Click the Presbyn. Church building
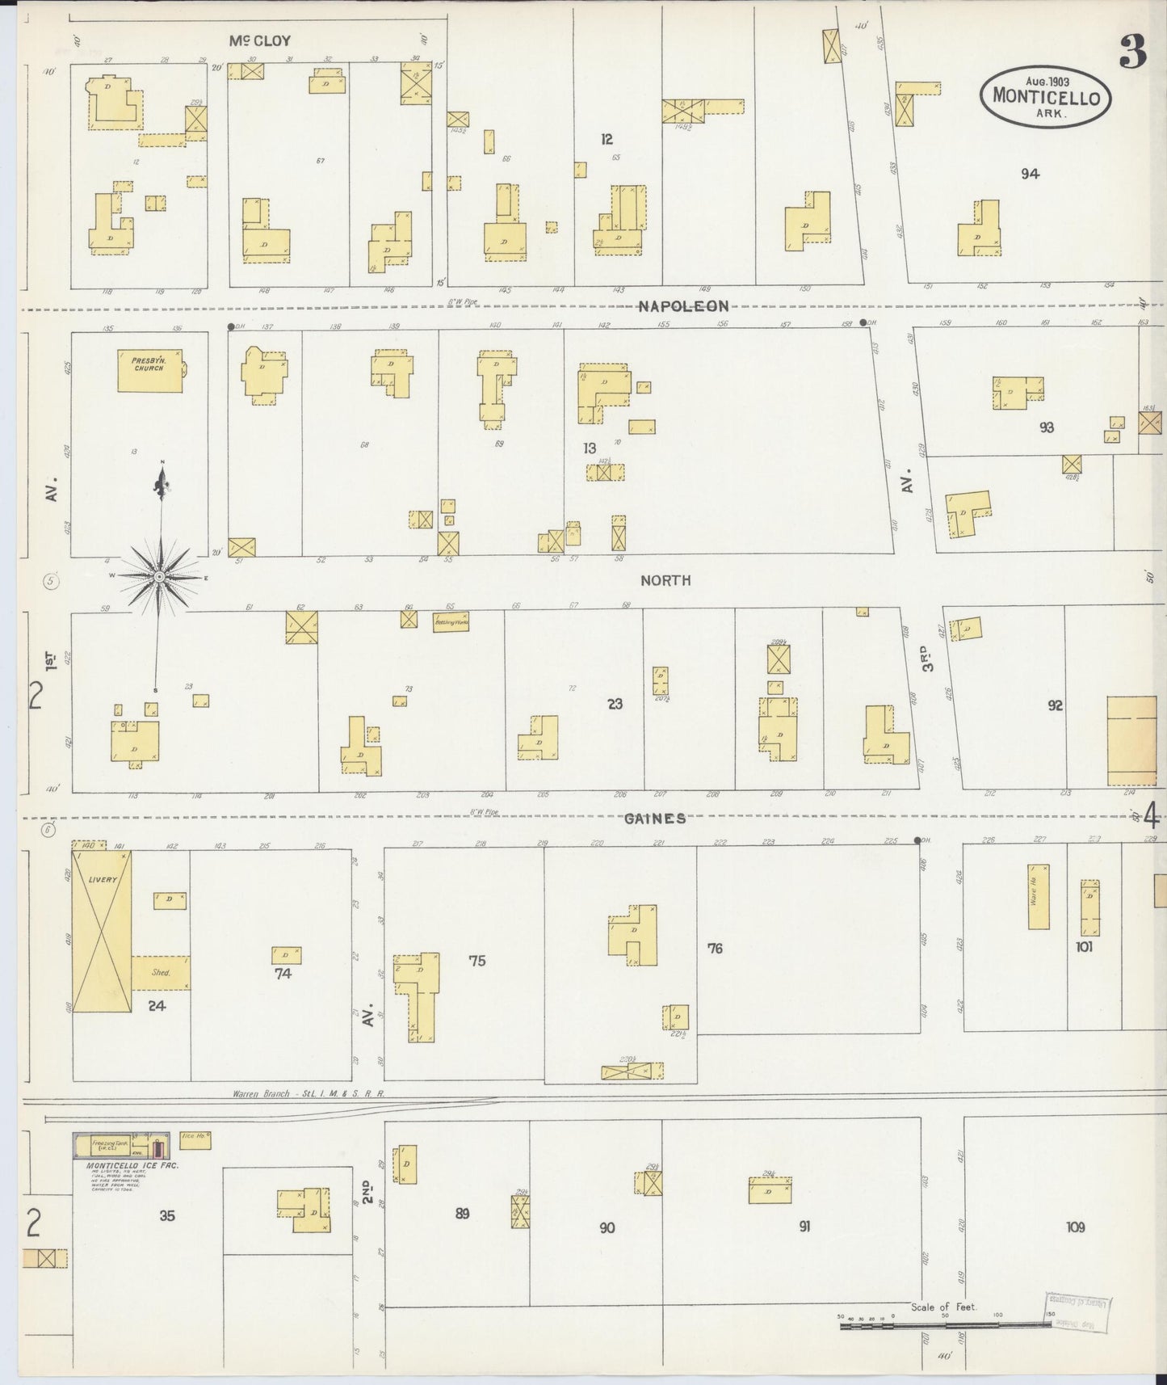point(149,371)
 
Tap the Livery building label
point(104,879)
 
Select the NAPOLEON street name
point(684,306)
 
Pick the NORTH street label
point(665,580)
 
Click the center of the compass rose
point(160,576)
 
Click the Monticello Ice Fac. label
point(132,1166)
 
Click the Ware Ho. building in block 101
point(1038,897)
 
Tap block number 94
point(1029,173)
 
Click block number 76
point(715,948)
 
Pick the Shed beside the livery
point(161,973)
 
